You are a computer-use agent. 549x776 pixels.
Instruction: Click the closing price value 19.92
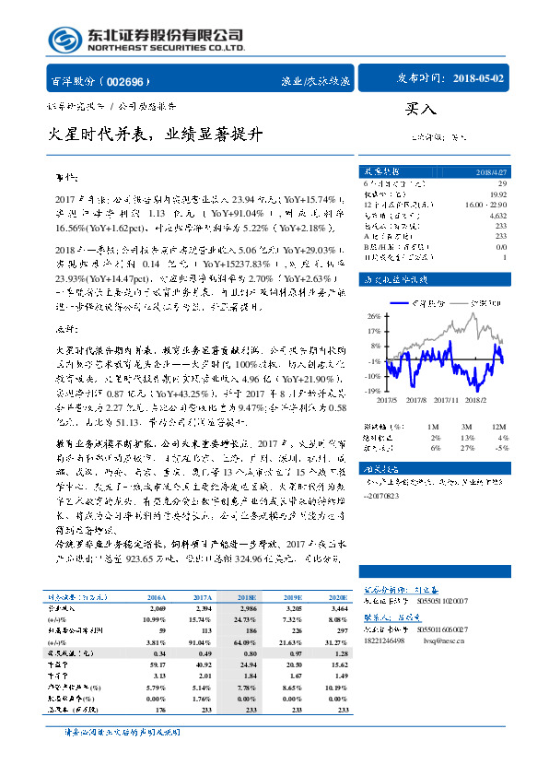497,194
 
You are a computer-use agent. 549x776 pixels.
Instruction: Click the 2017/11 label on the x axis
448,401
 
